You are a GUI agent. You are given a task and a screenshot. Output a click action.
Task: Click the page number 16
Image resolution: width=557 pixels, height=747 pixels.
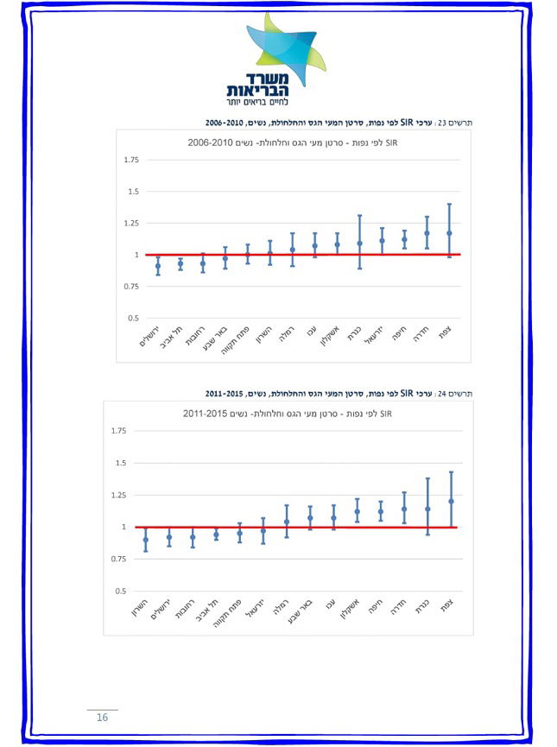tap(102, 718)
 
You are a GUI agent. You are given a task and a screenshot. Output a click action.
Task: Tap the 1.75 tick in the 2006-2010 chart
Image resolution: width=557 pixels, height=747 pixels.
tap(131, 160)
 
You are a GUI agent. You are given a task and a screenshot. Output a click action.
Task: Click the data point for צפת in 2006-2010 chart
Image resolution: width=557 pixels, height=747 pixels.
tap(449, 233)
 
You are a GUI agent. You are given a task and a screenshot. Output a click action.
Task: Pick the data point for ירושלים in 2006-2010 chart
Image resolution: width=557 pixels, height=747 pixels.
tap(158, 266)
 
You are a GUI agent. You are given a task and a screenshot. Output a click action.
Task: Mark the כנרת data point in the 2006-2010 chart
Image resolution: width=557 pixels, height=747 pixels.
tap(359, 244)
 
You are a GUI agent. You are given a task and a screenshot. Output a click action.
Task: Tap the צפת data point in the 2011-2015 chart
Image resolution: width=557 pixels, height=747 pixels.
tap(451, 501)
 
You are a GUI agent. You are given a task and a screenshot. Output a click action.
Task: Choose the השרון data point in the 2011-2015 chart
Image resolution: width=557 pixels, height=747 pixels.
tap(146, 540)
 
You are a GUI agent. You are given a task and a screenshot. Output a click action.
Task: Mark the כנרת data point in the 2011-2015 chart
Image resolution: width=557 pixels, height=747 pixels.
tap(427, 509)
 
